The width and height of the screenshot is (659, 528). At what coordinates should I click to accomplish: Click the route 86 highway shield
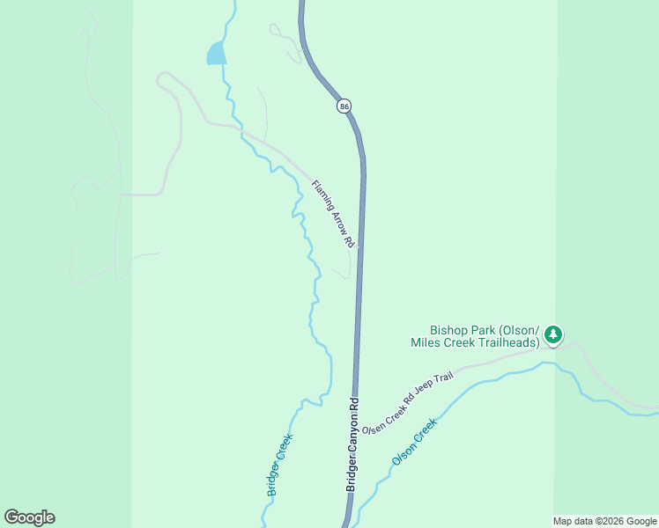344,106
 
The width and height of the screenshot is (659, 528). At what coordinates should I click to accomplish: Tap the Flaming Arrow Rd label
333,213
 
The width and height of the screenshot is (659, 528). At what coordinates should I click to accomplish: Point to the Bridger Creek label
279,464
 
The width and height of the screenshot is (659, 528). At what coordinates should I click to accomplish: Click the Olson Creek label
414,442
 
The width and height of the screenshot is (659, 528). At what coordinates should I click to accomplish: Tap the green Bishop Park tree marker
552,334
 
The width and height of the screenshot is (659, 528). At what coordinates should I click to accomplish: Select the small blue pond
216,54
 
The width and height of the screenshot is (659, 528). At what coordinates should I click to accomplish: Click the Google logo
29,517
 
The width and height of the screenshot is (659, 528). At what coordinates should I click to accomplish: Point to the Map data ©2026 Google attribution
605,521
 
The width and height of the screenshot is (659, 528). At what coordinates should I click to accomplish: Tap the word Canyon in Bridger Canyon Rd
353,441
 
